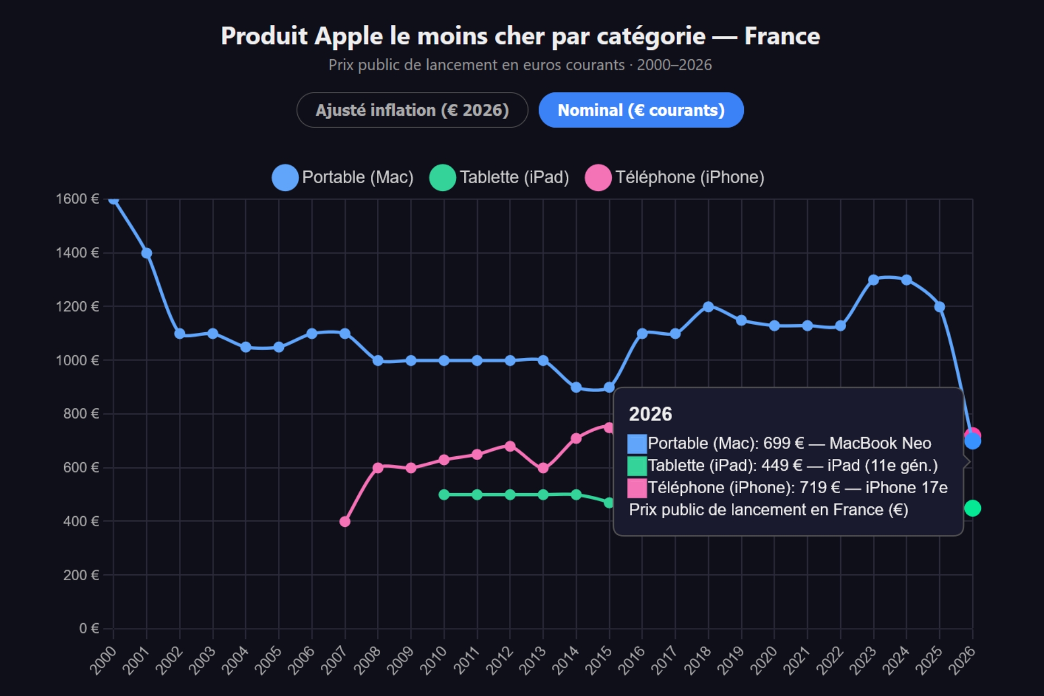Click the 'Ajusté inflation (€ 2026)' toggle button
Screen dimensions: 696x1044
click(x=412, y=110)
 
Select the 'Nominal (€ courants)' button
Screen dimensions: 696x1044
click(x=641, y=110)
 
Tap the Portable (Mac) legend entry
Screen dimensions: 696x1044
click(x=343, y=177)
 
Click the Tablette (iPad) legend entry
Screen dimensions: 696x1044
click(x=499, y=177)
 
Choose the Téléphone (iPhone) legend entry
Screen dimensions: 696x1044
click(x=675, y=177)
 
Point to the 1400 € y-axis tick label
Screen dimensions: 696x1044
click(x=77, y=253)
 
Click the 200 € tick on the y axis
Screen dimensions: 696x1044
click(x=80, y=575)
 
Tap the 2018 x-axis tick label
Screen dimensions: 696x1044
click(x=698, y=660)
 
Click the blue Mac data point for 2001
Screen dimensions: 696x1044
click(x=146, y=253)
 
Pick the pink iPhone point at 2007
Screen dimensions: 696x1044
click(x=345, y=521)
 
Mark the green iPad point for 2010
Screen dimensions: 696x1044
click(x=444, y=495)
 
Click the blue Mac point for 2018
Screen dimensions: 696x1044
click(x=708, y=307)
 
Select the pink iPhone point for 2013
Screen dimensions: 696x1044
click(x=543, y=468)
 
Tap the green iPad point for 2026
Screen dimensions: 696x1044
click(x=972, y=508)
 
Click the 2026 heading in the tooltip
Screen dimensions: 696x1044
click(x=650, y=414)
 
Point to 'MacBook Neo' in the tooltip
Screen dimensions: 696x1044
click(x=880, y=444)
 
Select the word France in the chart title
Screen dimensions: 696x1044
click(x=781, y=36)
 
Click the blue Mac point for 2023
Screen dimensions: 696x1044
click(x=873, y=280)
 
